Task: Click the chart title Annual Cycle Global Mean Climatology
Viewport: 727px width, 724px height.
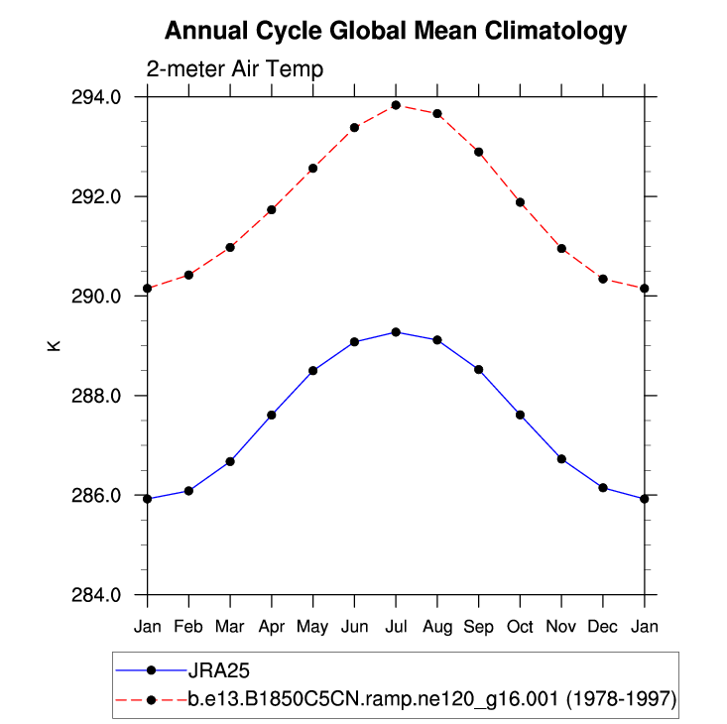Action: click(x=395, y=31)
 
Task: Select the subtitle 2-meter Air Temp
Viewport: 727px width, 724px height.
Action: click(x=234, y=69)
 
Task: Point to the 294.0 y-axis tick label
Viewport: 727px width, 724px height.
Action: click(x=100, y=97)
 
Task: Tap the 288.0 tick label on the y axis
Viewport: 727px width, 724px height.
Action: click(x=100, y=396)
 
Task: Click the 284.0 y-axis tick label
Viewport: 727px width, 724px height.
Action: click(x=100, y=595)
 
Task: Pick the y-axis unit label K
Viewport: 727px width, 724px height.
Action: click(x=54, y=345)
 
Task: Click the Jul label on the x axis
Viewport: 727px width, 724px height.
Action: click(x=396, y=627)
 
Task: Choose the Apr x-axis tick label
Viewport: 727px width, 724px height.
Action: click(x=272, y=627)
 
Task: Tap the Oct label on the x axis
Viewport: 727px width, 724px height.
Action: click(x=520, y=627)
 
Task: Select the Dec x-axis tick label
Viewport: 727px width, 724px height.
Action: click(x=603, y=627)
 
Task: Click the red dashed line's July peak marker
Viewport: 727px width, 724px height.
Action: click(x=396, y=105)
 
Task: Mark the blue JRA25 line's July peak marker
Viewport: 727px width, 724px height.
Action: click(x=396, y=332)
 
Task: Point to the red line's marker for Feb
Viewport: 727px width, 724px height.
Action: click(x=188, y=275)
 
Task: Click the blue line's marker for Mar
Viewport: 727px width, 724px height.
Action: click(x=230, y=461)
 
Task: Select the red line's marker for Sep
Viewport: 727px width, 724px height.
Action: click(x=479, y=152)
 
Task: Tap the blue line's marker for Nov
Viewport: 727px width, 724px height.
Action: click(x=561, y=459)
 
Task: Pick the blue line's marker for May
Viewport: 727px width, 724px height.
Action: click(x=312, y=371)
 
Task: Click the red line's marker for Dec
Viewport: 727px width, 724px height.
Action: click(x=603, y=279)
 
